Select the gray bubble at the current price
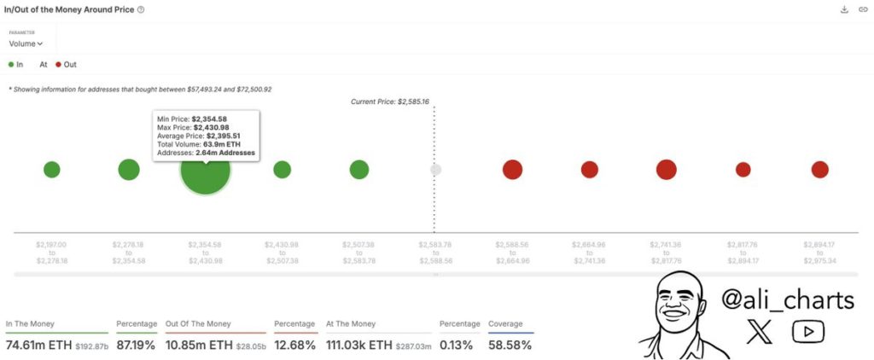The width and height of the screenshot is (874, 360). pos(435,169)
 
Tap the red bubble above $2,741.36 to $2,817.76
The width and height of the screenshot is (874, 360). pos(666,169)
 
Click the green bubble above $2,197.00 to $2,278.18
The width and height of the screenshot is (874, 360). pos(52,169)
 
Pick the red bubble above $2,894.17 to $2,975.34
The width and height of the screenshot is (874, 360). pos(819,169)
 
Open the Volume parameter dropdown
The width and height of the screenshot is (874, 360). pos(26,44)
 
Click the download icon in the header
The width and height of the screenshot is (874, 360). pos(844,9)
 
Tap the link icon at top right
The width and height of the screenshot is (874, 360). pos(862,9)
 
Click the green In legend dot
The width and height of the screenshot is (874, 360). pos(11,64)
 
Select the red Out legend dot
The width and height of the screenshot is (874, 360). pos(58,64)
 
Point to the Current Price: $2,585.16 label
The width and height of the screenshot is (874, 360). pos(389,102)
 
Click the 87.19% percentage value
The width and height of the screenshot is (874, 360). pos(137,345)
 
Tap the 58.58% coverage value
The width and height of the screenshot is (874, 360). pos(510,345)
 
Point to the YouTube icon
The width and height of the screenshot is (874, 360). pos(807,332)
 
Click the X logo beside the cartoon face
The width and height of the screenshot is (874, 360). pos(759,332)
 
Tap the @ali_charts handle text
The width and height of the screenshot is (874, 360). pos(787,300)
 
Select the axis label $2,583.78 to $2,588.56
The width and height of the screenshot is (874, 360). pos(435,253)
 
